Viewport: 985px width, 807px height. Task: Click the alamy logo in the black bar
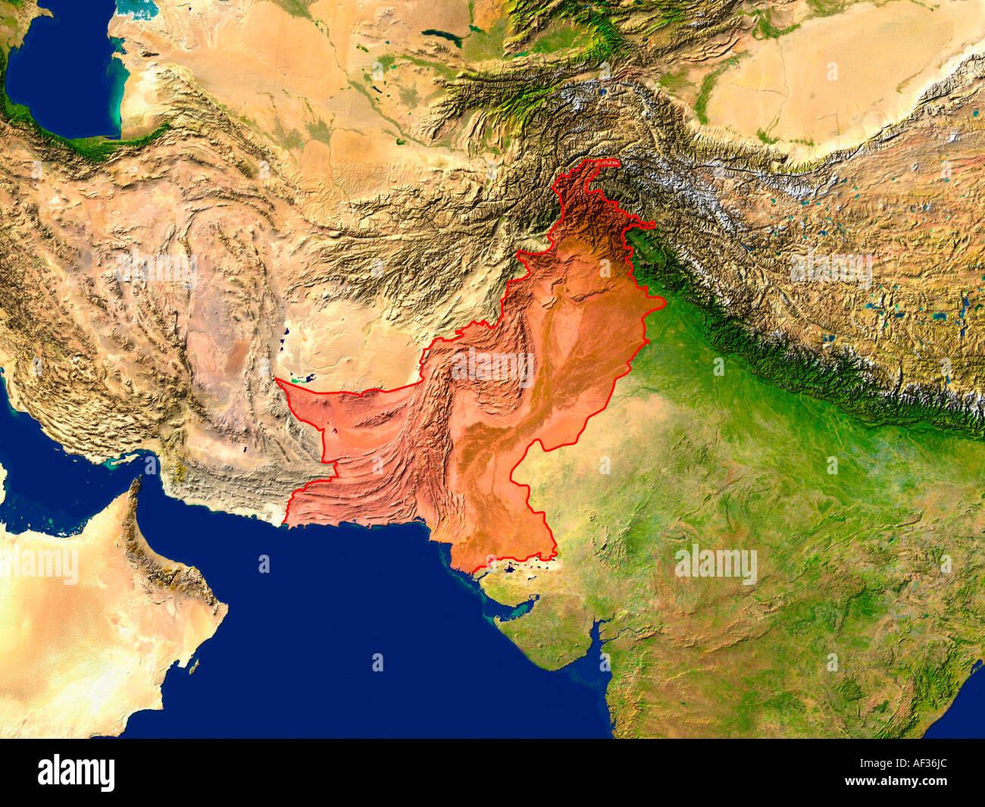click(76, 773)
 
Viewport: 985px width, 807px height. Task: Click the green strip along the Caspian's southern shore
click(83, 144)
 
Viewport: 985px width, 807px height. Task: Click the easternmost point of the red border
click(665, 303)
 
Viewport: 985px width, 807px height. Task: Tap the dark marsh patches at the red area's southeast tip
click(523, 564)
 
